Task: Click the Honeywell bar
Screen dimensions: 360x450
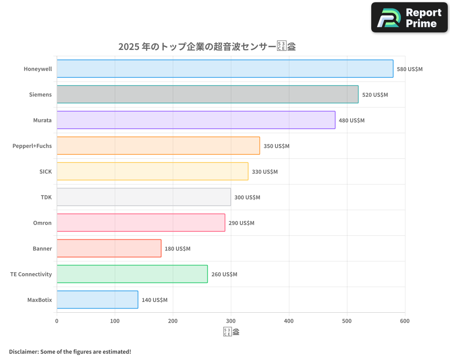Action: [x=225, y=69]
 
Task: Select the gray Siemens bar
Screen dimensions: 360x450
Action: [x=207, y=94]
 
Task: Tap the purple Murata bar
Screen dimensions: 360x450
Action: [x=196, y=120]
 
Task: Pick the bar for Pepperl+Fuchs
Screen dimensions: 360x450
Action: [x=158, y=146]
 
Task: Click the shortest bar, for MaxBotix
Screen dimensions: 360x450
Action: [x=97, y=300]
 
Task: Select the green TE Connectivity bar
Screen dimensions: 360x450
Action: [x=132, y=274]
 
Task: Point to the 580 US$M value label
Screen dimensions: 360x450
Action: [x=409, y=69]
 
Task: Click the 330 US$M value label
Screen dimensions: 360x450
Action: [x=265, y=172]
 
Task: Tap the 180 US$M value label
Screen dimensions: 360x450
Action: [x=177, y=249]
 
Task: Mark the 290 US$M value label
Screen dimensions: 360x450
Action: [x=241, y=223]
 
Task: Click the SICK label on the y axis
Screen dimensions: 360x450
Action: [x=45, y=171]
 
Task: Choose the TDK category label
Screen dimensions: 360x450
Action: [x=46, y=197]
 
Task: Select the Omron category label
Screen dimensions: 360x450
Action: [x=42, y=223]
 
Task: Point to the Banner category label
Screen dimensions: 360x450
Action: [x=42, y=248]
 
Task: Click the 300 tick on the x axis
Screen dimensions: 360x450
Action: [x=231, y=321]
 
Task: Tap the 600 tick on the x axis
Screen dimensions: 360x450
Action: [x=405, y=321]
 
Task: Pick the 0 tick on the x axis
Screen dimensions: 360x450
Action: [x=57, y=321]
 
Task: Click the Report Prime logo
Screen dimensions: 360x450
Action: [x=409, y=18]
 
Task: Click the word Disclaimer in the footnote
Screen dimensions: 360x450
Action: [x=23, y=351]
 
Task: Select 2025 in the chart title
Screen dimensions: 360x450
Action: [x=128, y=46]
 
